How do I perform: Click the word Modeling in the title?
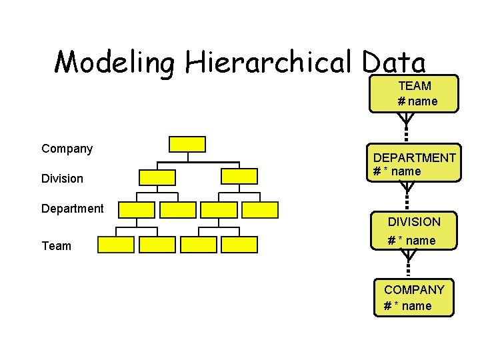click(115, 63)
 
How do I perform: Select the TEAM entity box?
click(414, 93)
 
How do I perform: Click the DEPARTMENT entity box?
click(414, 164)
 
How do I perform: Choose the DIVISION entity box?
click(414, 230)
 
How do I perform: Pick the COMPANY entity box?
click(414, 297)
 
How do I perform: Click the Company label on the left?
click(67, 148)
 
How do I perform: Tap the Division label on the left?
click(62, 179)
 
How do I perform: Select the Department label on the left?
click(72, 209)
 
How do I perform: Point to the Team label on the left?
click(56, 246)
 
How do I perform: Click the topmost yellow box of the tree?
click(187, 144)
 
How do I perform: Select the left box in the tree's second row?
click(157, 177)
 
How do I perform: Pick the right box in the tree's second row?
click(239, 176)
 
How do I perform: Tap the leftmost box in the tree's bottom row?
click(116, 245)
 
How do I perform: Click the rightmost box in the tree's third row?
click(260, 210)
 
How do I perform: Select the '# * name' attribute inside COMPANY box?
click(407, 306)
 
